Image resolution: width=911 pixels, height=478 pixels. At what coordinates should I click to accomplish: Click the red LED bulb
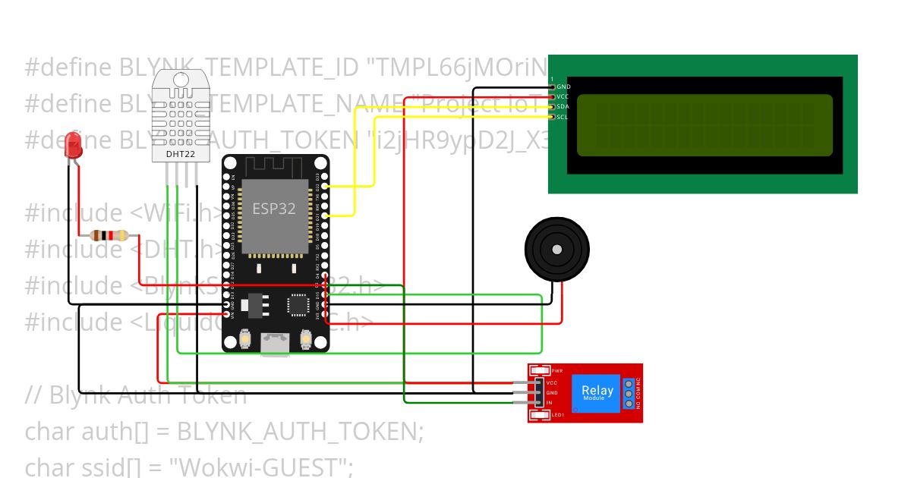tap(73, 144)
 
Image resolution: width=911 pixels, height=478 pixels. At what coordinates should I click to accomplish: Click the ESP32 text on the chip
tap(274, 209)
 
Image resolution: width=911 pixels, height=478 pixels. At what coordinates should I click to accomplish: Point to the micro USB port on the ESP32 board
tap(276, 344)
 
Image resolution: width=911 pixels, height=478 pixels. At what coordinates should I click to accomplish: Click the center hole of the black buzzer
tap(557, 248)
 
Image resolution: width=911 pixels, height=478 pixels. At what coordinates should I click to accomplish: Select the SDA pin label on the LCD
tap(563, 107)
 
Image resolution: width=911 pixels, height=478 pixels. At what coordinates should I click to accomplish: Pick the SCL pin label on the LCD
tap(563, 117)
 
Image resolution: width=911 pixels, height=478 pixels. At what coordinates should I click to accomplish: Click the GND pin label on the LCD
tap(563, 87)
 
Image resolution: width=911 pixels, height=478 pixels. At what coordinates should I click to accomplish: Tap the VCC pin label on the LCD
tap(563, 97)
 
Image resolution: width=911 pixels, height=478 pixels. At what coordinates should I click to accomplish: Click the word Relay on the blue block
tap(597, 390)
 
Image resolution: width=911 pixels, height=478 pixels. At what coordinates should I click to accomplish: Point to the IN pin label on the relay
tap(549, 402)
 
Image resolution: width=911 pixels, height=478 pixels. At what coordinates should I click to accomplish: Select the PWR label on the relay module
tap(556, 370)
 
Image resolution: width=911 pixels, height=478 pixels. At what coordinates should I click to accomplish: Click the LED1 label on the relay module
tap(557, 414)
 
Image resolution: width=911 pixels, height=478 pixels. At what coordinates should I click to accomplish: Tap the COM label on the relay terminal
tap(638, 394)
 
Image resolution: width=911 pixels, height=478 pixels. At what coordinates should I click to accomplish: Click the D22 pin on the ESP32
tap(325, 186)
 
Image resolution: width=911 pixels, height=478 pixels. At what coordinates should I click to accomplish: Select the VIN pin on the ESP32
tap(226, 314)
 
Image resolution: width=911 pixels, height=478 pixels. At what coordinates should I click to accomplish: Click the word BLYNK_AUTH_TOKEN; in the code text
tap(300, 431)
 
